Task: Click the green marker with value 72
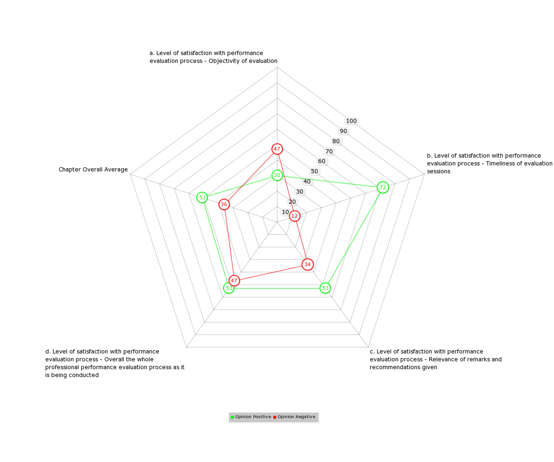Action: (382, 187)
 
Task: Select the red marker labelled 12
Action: (295, 216)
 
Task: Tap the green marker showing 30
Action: (277, 175)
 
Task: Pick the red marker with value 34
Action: (307, 264)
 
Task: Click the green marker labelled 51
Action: (202, 197)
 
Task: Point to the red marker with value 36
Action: (224, 204)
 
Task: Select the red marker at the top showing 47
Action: (277, 149)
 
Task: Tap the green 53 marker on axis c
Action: (325, 288)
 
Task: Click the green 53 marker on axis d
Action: (229, 288)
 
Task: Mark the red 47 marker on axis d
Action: (234, 280)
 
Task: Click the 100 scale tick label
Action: (351, 121)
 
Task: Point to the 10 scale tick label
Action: (285, 212)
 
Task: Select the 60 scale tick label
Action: (322, 161)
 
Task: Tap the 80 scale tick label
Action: (336, 141)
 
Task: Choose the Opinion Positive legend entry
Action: (251, 417)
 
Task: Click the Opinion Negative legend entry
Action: (294, 417)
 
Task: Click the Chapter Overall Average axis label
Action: (93, 170)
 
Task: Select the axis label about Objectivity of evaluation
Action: (213, 57)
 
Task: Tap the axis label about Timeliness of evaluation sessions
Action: (489, 163)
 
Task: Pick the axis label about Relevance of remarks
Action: (435, 359)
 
